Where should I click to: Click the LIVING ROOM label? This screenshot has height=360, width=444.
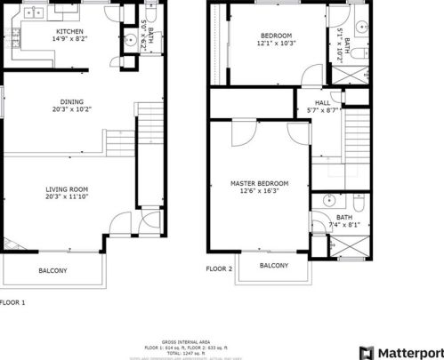pos(68,188)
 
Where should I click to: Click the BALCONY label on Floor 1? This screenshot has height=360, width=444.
pos(52,270)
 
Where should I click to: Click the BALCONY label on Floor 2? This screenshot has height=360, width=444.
pos(274,266)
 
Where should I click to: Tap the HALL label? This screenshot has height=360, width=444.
pos(311,101)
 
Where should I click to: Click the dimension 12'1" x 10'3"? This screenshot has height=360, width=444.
pos(275,43)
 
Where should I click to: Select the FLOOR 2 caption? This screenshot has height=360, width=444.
pos(219,268)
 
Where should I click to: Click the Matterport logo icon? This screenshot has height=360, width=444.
pos(365,352)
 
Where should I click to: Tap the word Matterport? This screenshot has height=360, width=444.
pos(408,352)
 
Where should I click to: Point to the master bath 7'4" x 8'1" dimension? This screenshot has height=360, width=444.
pos(343,225)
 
